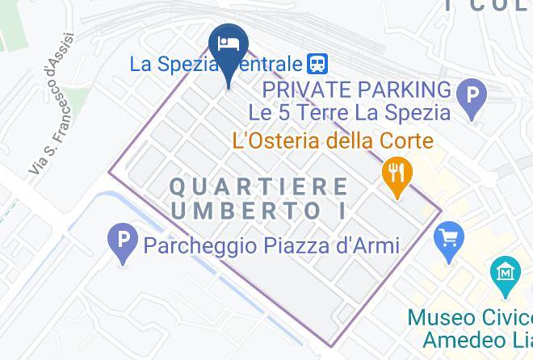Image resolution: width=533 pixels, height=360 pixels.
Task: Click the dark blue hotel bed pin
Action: click(x=229, y=44)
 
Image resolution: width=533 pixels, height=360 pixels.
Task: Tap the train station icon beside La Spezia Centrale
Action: click(x=317, y=63)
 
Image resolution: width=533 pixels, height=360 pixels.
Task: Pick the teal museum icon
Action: click(x=506, y=274)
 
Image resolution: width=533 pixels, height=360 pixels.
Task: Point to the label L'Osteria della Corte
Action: click(x=333, y=142)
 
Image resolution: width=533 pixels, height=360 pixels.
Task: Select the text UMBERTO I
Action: click(x=260, y=211)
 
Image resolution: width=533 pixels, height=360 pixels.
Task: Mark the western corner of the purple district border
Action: click(x=110, y=171)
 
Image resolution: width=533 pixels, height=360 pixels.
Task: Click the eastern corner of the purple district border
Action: click(x=442, y=211)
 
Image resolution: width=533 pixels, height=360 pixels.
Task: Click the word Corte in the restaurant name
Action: click(x=409, y=142)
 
